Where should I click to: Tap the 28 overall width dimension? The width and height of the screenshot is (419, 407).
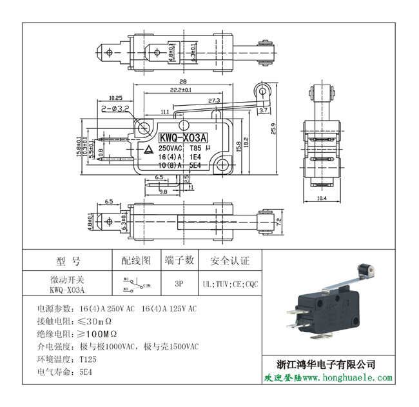coord(183,82)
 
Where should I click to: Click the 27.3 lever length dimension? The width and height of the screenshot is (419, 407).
coord(214,101)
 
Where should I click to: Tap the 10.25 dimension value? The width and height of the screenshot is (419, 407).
coord(116,98)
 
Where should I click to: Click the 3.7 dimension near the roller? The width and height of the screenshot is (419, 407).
coord(264,111)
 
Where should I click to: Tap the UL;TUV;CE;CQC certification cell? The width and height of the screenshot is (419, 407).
coord(229,283)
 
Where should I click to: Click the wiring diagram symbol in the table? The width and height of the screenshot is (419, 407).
coord(135,283)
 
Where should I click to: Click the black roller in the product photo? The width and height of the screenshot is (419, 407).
coord(365,270)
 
